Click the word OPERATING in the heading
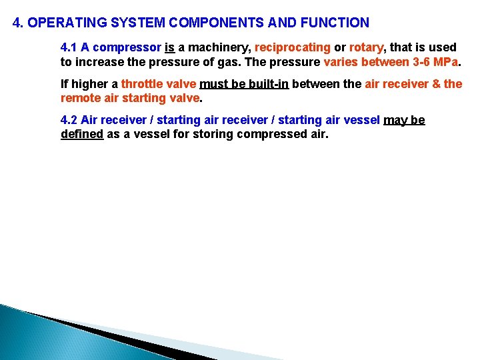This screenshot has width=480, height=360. click(x=62, y=23)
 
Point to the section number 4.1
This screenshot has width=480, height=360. click(x=69, y=47)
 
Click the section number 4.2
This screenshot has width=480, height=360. click(x=69, y=120)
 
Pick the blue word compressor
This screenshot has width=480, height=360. click(x=126, y=47)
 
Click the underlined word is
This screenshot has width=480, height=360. click(x=169, y=47)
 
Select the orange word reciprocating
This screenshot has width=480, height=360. click(x=293, y=47)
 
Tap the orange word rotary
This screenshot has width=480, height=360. click(x=366, y=47)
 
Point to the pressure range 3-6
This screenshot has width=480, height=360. click(x=415, y=62)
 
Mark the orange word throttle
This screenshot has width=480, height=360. click(x=141, y=84)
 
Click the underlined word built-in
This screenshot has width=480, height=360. click(x=267, y=84)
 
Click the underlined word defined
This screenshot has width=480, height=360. click(x=81, y=134)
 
